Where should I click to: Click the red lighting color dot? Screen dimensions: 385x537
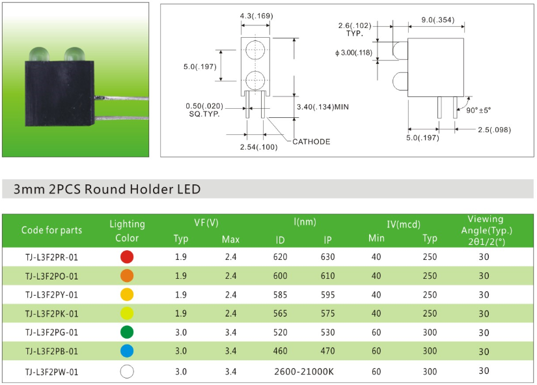(x=127, y=257)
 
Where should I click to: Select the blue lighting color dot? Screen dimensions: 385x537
(x=127, y=352)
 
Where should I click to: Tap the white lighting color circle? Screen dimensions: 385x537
(x=127, y=371)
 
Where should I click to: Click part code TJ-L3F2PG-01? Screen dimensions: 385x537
(x=51, y=333)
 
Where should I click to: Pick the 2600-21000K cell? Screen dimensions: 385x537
(x=304, y=371)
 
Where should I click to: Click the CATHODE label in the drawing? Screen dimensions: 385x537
(x=310, y=141)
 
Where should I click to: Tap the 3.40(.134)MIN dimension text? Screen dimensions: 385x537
(x=323, y=107)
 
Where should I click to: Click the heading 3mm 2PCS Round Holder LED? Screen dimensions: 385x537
(x=107, y=190)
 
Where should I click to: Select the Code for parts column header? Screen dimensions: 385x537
(x=51, y=230)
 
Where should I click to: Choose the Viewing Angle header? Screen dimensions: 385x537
(x=485, y=230)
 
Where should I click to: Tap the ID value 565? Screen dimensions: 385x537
(x=280, y=314)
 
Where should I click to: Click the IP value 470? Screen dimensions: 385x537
(x=327, y=352)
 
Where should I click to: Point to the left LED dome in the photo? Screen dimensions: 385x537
(x=38, y=53)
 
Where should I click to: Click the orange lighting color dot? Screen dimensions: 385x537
(x=127, y=276)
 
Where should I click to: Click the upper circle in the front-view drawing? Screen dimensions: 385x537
(x=255, y=50)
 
